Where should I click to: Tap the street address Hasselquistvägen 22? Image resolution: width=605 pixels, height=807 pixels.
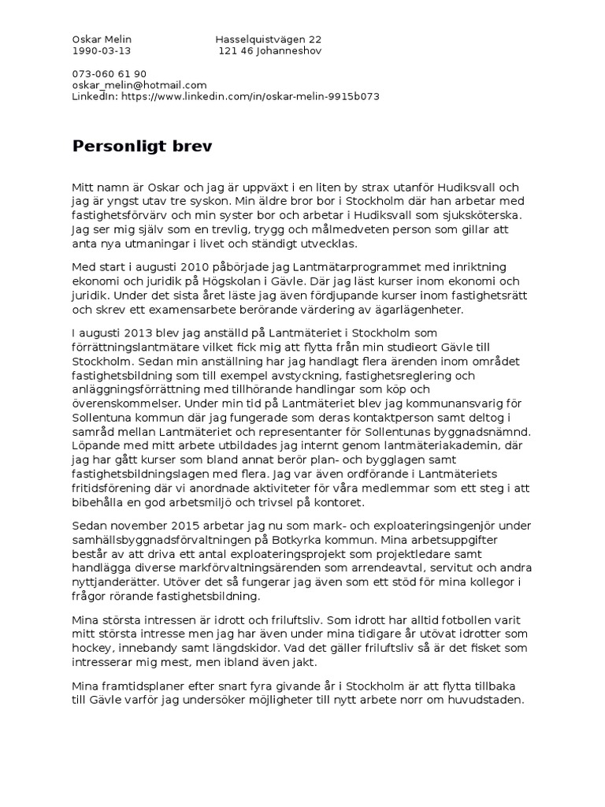[268, 39]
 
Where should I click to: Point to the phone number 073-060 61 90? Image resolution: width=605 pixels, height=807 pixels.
[109, 74]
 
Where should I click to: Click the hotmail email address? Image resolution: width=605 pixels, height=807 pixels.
[139, 85]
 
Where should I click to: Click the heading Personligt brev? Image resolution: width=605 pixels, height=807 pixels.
[142, 146]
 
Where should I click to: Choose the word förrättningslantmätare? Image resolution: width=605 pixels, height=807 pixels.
[136, 348]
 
